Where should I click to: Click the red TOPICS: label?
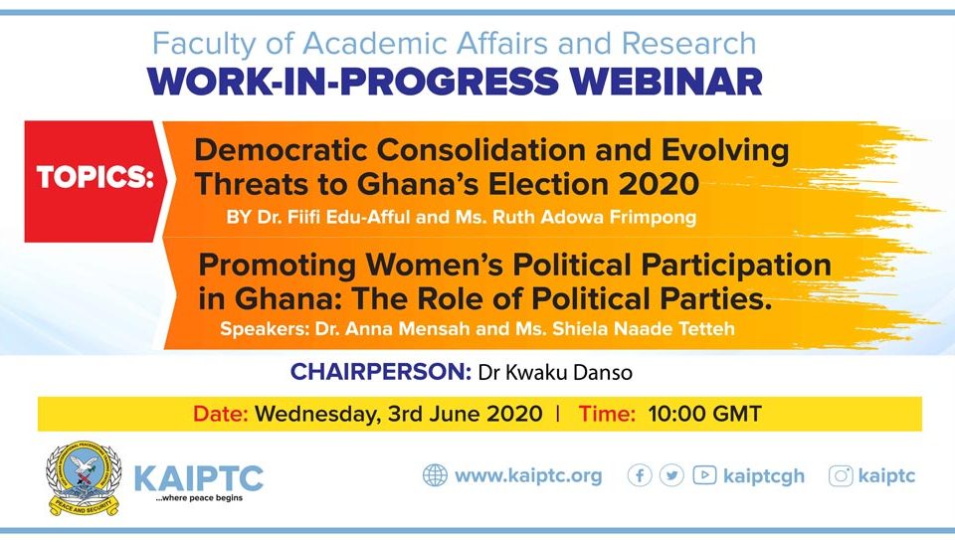(x=95, y=178)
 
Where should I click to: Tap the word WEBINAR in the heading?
(x=667, y=82)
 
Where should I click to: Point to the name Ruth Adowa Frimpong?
(x=594, y=218)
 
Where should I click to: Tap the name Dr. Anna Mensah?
(x=392, y=329)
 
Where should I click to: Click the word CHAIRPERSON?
(x=381, y=371)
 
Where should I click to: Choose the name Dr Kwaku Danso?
(x=555, y=372)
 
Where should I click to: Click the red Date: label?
(x=221, y=414)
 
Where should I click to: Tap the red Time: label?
(x=607, y=414)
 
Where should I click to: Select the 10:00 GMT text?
(x=704, y=414)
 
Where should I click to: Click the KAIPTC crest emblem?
(x=84, y=479)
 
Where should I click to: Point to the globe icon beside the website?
(x=435, y=474)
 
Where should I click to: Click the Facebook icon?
(x=640, y=474)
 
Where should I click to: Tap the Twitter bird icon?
(x=671, y=474)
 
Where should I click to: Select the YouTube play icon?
(x=704, y=474)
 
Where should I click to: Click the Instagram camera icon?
(x=841, y=475)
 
